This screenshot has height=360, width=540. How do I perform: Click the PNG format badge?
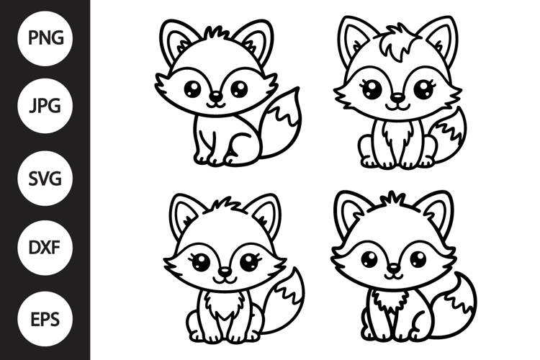pyautogui.click(x=45, y=35)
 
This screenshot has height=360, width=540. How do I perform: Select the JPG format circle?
pyautogui.click(x=45, y=107)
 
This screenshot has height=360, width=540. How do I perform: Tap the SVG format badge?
pyautogui.click(x=45, y=177)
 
